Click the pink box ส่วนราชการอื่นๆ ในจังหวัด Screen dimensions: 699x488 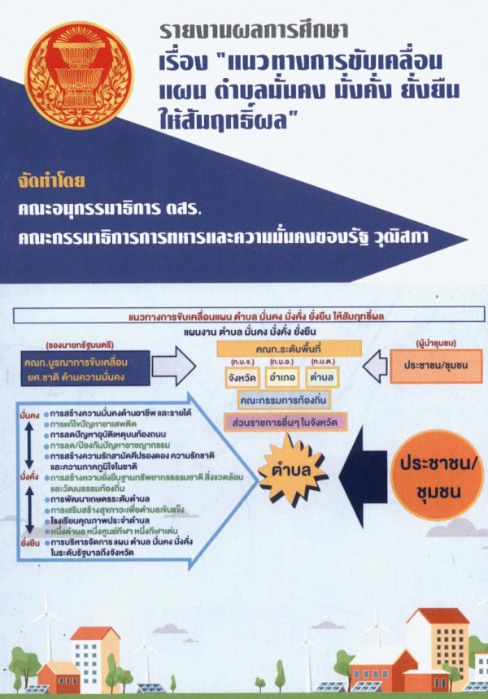(x=285, y=422)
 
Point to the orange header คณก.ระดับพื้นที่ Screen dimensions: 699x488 (x=281, y=348)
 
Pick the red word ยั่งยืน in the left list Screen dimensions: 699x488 (x=30, y=539)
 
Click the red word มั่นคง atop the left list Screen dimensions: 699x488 (x=30, y=414)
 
